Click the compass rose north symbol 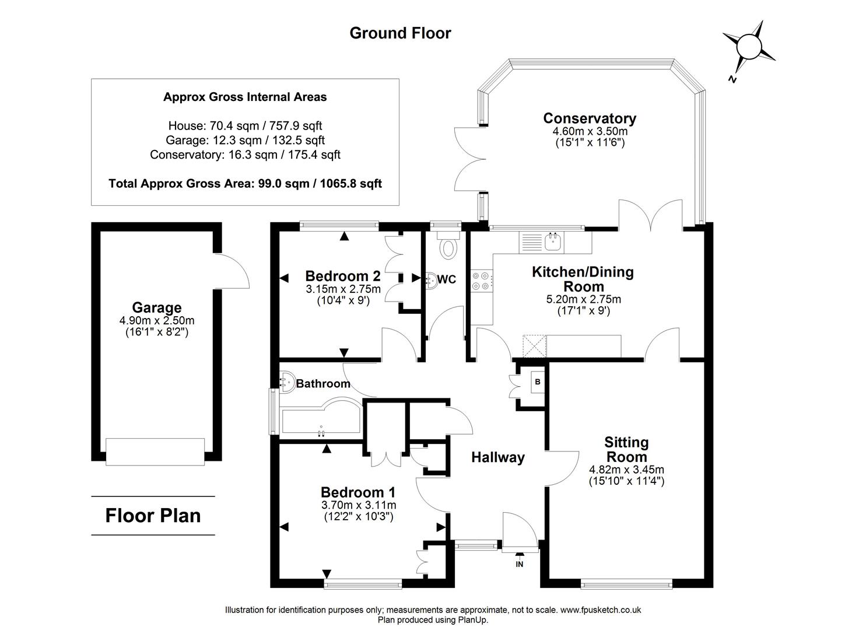(749, 46)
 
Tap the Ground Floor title (400, 33)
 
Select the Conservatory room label (589, 118)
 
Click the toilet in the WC (448, 247)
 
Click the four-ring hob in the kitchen (482, 281)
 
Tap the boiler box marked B (538, 382)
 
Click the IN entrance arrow (519, 558)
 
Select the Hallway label (497, 458)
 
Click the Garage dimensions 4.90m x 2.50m (156, 321)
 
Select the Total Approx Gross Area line (245, 184)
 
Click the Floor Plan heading (153, 516)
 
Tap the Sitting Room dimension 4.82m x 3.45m (626, 470)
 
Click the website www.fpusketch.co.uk (600, 610)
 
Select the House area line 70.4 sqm (245, 125)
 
